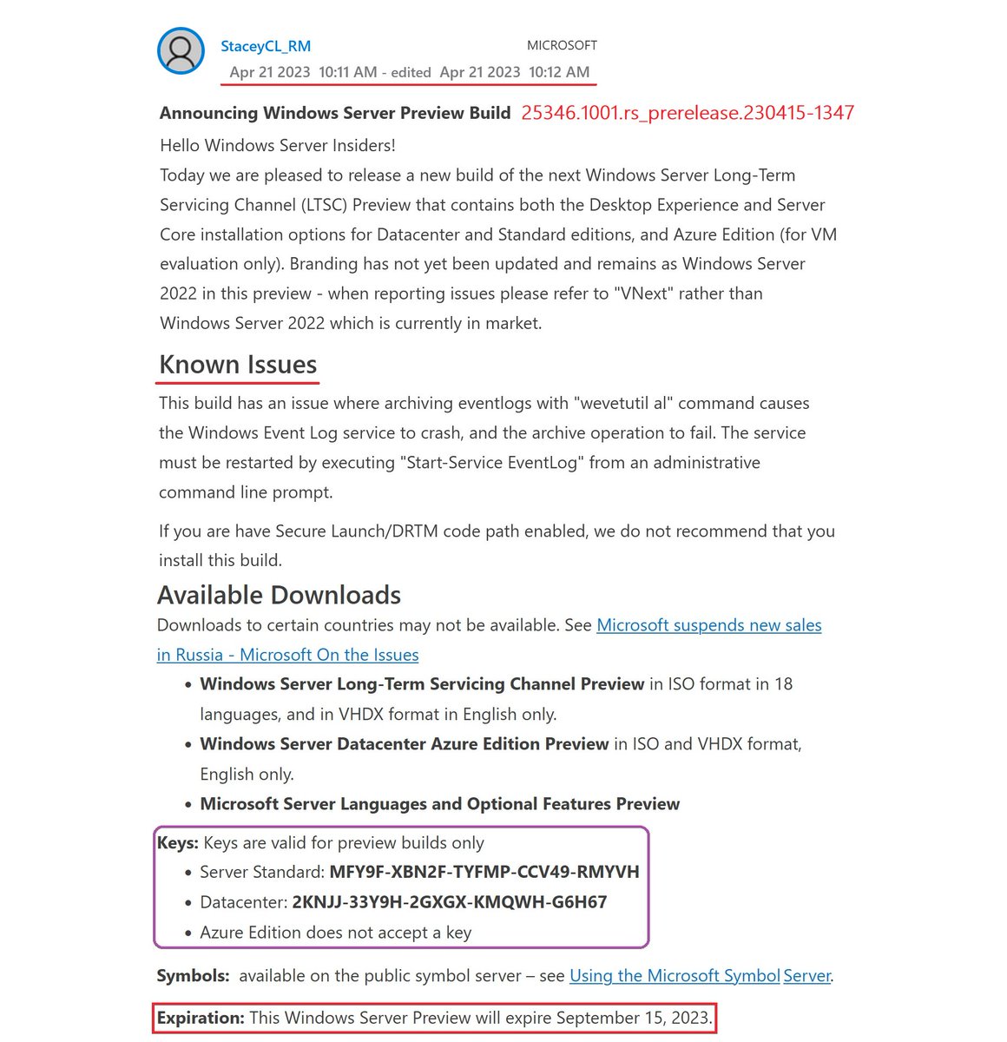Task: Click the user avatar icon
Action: click(x=181, y=51)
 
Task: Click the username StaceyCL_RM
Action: click(x=266, y=46)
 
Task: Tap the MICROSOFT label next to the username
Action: click(x=562, y=45)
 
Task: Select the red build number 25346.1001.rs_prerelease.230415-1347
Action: click(x=688, y=113)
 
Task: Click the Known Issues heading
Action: click(x=238, y=365)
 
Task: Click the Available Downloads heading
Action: click(x=279, y=595)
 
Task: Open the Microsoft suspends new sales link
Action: click(x=708, y=625)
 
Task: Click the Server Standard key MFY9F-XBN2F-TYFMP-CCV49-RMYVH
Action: click(x=484, y=872)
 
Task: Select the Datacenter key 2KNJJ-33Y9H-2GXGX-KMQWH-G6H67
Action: click(x=449, y=902)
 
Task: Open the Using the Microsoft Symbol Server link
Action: click(x=675, y=976)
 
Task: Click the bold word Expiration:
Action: click(x=201, y=1018)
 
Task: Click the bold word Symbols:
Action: click(x=193, y=976)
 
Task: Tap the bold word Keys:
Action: click(x=178, y=842)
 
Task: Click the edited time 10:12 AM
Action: click(x=559, y=72)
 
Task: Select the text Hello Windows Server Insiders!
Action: click(x=278, y=145)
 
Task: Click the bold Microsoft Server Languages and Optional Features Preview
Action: click(x=439, y=804)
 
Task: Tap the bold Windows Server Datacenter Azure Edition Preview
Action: click(x=404, y=744)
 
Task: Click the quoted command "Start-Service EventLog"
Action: click(x=491, y=463)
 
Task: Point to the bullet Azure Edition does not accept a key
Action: click(x=335, y=933)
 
